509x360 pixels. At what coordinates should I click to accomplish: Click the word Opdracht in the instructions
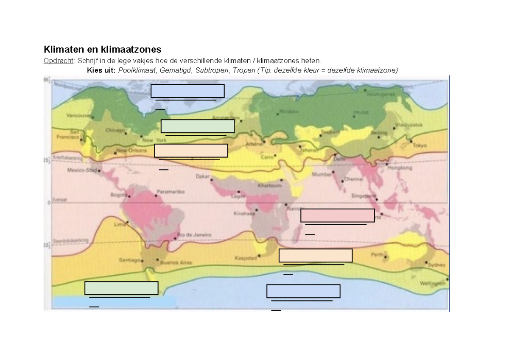tap(58, 61)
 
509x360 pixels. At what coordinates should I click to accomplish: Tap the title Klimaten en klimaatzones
tap(103, 50)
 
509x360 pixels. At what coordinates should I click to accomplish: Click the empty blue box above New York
tap(187, 91)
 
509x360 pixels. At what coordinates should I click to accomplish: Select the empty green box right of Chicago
tap(198, 126)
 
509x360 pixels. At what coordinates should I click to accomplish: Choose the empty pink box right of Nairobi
tap(338, 215)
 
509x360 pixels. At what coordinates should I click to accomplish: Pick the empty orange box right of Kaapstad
tap(316, 256)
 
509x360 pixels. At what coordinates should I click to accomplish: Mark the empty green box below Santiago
tap(121, 288)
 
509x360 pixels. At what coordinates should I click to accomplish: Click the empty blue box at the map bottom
tap(303, 291)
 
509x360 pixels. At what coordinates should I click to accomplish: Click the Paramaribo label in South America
tap(171, 192)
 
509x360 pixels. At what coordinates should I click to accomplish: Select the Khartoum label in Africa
tap(269, 186)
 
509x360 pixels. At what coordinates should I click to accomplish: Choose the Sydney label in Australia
tap(437, 265)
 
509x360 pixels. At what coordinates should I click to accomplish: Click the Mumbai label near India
tap(322, 174)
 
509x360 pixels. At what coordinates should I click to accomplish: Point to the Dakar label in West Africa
tap(203, 176)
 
